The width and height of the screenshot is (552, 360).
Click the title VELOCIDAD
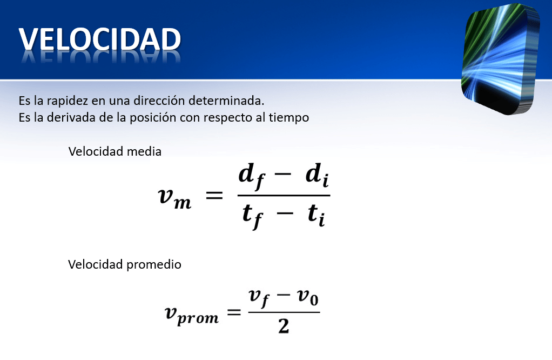pos(99,39)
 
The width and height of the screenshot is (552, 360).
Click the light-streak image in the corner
pos(501,59)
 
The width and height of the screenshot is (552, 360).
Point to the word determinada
pos(226,101)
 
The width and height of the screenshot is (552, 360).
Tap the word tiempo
pos(289,118)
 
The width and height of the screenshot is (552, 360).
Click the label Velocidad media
pos(115,151)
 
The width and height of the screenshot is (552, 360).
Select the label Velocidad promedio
pos(125,264)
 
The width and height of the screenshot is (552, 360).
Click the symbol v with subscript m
pos(174,198)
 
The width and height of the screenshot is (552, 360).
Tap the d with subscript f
pos(251,176)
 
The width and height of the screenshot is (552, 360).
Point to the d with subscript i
pos(317,175)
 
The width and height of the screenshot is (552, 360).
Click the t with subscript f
pos(253,216)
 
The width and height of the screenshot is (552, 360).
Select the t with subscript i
pos(316,215)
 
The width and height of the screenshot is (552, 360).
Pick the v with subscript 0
pos(308,297)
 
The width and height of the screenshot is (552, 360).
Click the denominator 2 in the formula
pos(284,326)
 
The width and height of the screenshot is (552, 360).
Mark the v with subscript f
pos(259,298)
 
